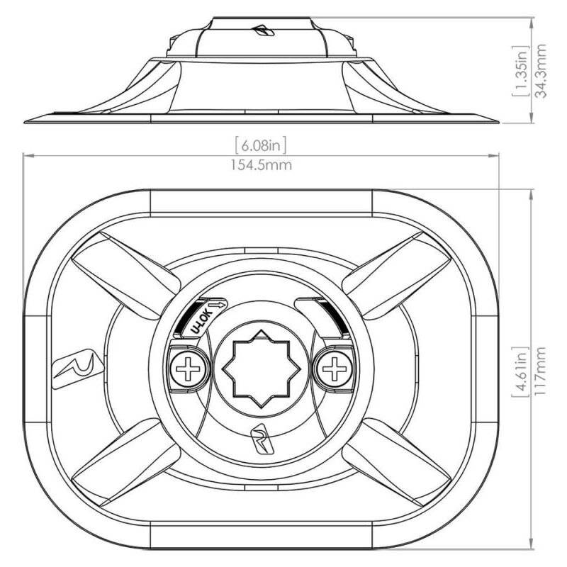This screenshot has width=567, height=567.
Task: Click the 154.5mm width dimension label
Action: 262,165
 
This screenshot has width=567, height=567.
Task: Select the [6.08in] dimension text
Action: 261,145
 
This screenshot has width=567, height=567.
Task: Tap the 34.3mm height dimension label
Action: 541,72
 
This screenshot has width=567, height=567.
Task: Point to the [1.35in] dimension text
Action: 521,72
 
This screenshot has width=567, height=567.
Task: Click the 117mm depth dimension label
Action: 541,371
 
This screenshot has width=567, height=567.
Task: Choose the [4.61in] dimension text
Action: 521,371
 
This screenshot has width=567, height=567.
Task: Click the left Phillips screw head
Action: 188,369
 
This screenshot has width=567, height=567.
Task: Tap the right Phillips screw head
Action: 335,369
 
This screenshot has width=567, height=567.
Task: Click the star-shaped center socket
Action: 262,369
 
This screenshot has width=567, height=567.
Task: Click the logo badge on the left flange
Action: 78,369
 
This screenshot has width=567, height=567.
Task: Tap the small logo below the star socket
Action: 262,440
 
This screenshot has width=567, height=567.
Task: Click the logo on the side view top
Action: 263,30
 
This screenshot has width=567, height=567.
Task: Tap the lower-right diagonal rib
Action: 397,462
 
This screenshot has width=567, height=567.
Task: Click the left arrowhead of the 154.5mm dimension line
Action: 28,156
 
